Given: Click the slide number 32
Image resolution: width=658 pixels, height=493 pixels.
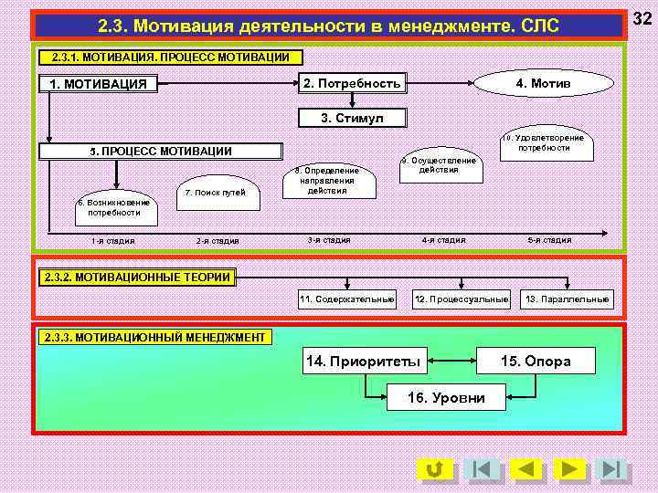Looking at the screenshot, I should coord(643,17).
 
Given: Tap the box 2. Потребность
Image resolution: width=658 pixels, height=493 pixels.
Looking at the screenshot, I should coord(352,84).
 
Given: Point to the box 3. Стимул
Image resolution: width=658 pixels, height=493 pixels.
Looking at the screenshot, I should coord(353,118).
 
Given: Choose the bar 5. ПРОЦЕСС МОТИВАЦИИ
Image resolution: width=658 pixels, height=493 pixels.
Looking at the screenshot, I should coord(161,152).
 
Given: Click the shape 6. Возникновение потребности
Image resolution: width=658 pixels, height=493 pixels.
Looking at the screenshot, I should coord(114,208).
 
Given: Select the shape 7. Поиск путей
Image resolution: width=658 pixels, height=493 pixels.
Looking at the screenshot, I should coord(216,193).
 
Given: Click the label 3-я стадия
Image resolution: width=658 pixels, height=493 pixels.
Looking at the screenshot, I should coord(328,240).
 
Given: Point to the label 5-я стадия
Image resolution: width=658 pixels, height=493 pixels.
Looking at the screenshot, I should coord(549,240).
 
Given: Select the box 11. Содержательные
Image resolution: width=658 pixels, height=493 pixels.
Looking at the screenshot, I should coord(346,299).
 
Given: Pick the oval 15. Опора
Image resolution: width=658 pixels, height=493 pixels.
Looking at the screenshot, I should coord(536,362).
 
